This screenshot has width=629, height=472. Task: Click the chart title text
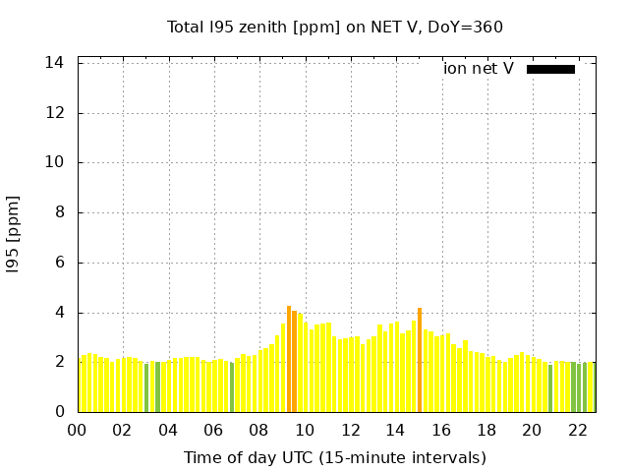click(x=335, y=27)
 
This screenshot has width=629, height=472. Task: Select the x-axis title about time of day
click(x=335, y=457)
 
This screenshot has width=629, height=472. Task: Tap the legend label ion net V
click(x=479, y=69)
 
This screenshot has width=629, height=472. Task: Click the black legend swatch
click(x=550, y=69)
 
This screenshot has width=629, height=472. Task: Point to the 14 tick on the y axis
click(x=56, y=63)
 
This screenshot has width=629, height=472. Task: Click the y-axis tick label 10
click(x=56, y=162)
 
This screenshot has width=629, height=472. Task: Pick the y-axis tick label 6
click(x=60, y=263)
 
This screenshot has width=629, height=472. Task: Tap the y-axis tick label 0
click(x=60, y=412)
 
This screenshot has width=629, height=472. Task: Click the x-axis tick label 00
click(x=77, y=430)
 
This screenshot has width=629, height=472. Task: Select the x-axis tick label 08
click(x=258, y=430)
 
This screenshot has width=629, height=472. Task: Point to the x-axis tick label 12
click(x=350, y=430)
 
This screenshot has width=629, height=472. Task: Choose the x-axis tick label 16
click(x=441, y=430)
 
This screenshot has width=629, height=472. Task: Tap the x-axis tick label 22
click(x=577, y=430)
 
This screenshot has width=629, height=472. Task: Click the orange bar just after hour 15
click(x=420, y=360)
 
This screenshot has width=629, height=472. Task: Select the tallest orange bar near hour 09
click(x=289, y=359)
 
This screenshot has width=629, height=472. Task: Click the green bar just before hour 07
click(x=232, y=387)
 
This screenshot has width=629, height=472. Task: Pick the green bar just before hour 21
click(x=550, y=388)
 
